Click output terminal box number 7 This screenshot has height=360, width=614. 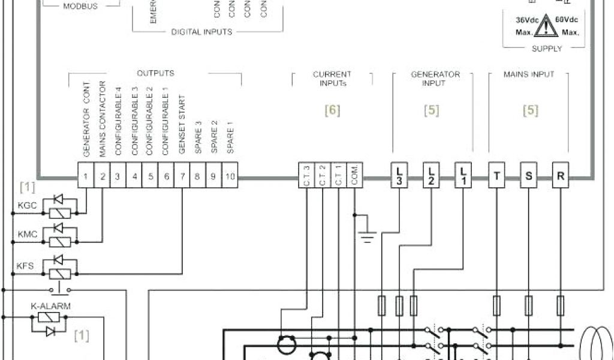tap(181, 177)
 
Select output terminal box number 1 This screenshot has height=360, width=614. tap(86, 177)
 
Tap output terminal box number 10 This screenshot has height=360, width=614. tap(230, 177)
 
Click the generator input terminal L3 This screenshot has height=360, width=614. tap(400, 176)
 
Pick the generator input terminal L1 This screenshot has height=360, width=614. tap(463, 176)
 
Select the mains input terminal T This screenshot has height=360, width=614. tap(496, 176)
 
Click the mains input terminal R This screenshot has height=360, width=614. tap(561, 176)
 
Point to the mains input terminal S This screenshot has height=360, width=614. tap(528, 176)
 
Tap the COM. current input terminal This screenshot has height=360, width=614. tap(355, 177)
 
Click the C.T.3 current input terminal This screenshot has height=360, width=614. tap(306, 177)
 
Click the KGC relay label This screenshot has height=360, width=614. tap(28, 206)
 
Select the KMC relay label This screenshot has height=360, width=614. tap(28, 235)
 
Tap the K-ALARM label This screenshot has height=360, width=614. tap(50, 306)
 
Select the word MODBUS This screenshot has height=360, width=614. tap(80, 6)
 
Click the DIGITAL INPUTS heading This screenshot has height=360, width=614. tap(201, 32)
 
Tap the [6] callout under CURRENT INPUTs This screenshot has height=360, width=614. tap(332, 110)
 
